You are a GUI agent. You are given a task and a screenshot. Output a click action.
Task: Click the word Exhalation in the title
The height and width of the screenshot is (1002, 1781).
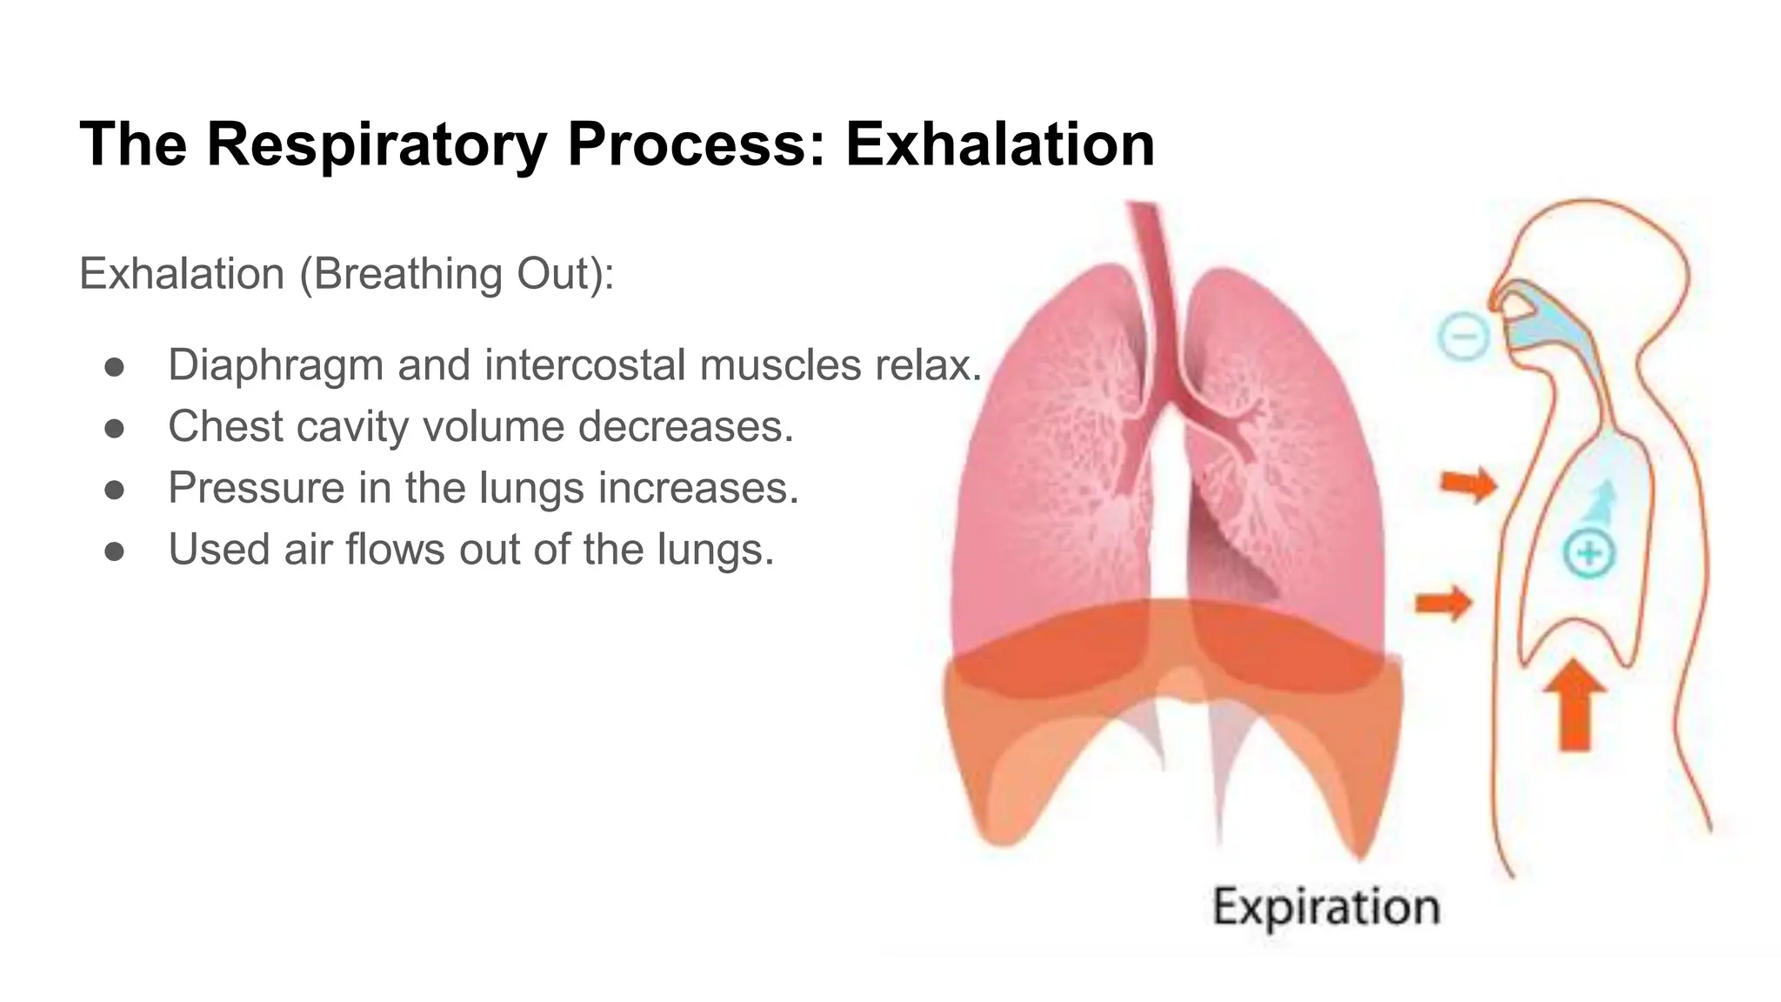tap(1000, 144)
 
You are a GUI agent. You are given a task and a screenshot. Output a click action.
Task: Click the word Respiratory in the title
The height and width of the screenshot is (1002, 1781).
tap(377, 144)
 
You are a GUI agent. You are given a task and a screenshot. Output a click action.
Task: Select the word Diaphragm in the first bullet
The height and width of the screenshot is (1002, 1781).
tap(276, 365)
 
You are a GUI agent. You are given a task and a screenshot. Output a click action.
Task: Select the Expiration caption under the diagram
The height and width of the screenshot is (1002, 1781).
tap(1326, 907)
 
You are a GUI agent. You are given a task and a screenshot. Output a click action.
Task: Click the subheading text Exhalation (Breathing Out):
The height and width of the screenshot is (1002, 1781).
tap(347, 274)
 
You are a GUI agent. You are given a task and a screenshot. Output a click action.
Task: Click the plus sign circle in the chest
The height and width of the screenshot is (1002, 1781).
tap(1589, 553)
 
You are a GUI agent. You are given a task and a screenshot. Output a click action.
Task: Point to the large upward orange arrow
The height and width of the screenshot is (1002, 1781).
tap(1575, 705)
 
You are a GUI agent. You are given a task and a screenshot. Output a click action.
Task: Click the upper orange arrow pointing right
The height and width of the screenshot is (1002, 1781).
tap(1468, 484)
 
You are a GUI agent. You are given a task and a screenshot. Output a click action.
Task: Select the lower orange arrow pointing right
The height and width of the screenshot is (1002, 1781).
tap(1444, 602)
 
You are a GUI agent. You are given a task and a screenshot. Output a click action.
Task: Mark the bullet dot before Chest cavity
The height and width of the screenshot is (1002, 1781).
tap(114, 428)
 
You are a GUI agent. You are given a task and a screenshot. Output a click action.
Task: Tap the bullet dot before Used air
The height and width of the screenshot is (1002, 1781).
tap(114, 551)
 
